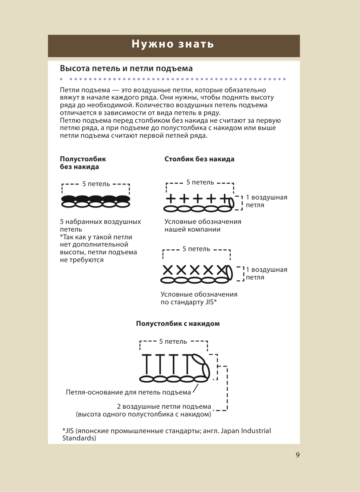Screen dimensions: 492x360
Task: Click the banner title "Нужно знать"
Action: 173,44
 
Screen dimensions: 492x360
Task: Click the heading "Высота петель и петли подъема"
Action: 126,68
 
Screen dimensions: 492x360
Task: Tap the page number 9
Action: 297,455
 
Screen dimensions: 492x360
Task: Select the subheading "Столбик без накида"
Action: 199,159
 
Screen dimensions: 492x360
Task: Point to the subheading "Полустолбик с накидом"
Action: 178,323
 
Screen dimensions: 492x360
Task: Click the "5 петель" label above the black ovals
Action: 96,184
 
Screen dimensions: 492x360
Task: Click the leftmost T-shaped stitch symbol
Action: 147,364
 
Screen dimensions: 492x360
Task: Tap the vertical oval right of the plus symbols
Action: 232,202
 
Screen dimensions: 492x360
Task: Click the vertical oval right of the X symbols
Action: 230,273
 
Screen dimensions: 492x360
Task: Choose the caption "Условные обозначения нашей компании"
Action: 203,225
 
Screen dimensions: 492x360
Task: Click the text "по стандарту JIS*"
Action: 189,302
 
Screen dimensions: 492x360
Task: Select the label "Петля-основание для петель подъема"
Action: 128,392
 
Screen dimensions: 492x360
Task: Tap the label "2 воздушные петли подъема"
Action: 164,406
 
